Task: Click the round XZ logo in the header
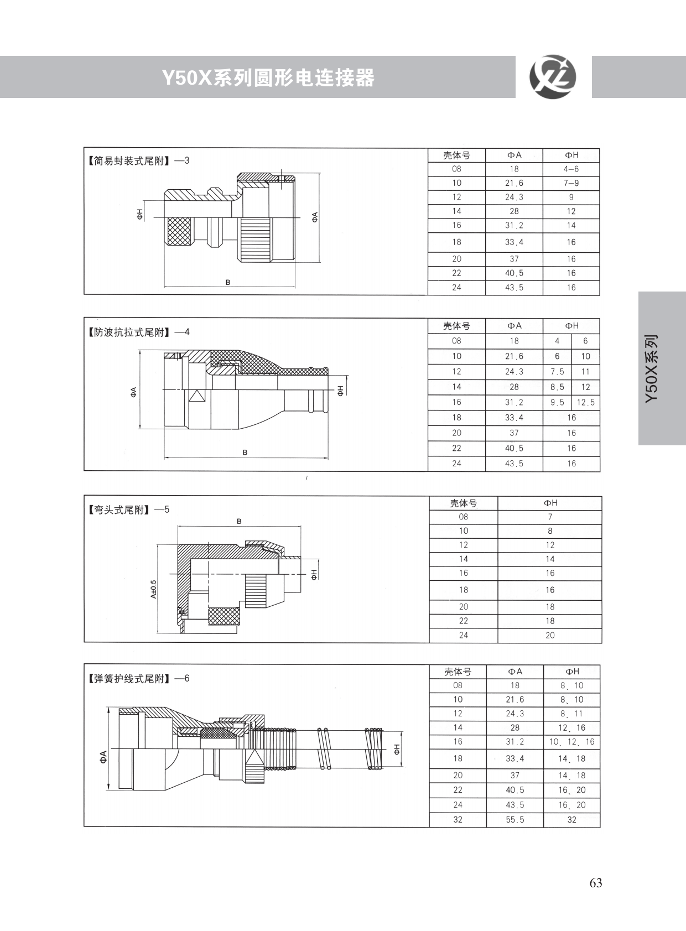point(553,77)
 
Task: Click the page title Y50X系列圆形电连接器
point(268,78)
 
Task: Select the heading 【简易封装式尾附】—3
point(138,161)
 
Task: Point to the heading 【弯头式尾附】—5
point(128,509)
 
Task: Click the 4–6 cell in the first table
point(571,169)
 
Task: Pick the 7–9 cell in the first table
point(571,183)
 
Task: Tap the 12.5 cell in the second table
point(585,402)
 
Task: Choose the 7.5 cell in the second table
point(557,372)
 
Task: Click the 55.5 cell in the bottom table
point(514,820)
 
